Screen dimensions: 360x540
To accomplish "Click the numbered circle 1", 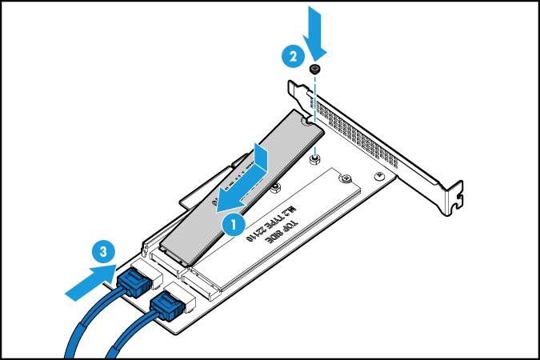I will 232,225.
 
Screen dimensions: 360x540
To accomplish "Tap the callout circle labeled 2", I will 293,57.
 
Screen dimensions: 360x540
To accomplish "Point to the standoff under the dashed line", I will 316,157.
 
